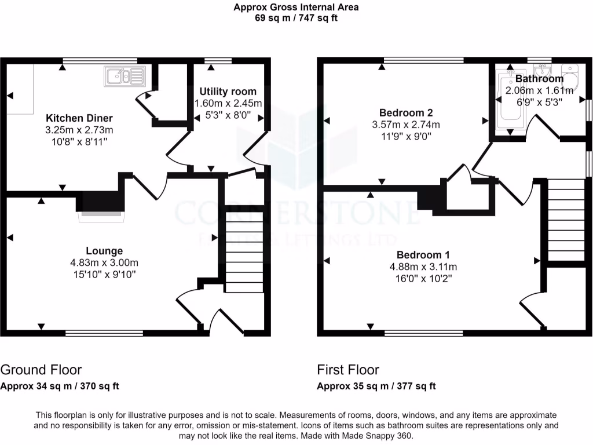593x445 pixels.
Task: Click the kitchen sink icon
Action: [125, 75]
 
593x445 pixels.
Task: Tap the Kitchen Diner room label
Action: [79, 118]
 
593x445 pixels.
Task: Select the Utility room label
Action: [228, 92]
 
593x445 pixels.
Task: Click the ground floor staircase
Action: [243, 251]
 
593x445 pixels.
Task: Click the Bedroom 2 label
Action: [405, 112]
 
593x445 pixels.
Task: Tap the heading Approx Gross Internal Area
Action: [296, 8]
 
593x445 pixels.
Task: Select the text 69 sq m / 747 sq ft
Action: [296, 18]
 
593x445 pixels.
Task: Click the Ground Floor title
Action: [41, 370]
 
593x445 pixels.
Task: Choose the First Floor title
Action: [348, 370]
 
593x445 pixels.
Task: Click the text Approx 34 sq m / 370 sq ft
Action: [60, 386]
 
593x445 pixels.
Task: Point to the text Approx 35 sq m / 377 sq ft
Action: [376, 386]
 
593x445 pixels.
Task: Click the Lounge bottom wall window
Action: [104, 333]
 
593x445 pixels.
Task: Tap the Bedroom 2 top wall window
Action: [424, 60]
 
